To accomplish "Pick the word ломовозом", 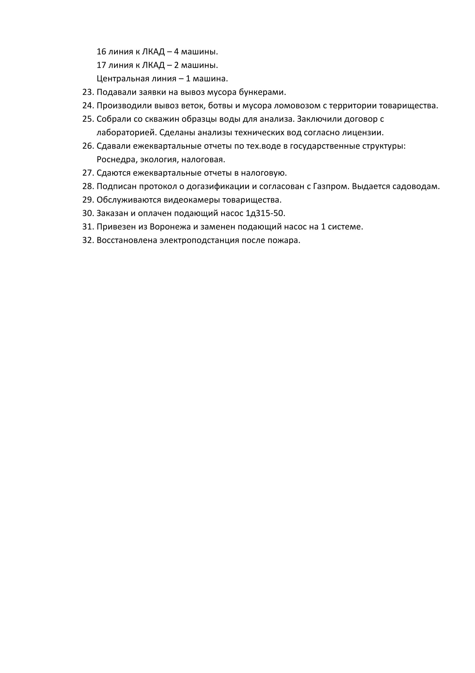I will [x=297, y=106].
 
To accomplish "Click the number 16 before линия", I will [x=101, y=52].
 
